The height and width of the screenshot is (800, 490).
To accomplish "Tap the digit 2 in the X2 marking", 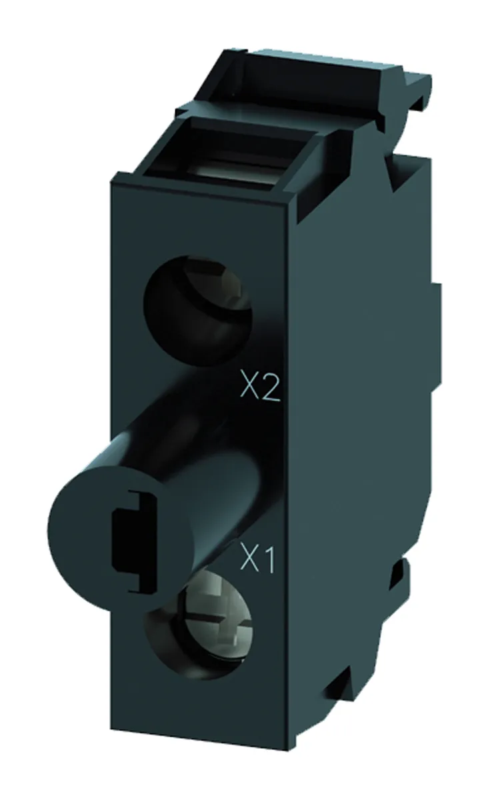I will (x=268, y=389).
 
